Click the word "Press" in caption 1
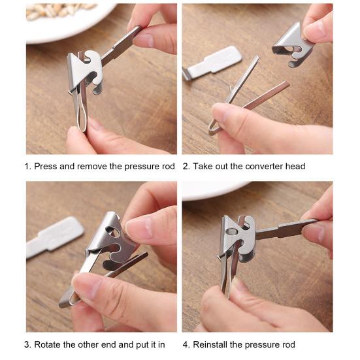tap(46, 167)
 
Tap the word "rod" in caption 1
tap(168, 167)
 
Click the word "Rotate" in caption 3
tap(48, 344)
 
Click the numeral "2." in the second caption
tap(186, 167)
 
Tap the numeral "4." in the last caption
tap(186, 344)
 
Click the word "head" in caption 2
tap(294, 167)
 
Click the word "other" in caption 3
tap(90, 344)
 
